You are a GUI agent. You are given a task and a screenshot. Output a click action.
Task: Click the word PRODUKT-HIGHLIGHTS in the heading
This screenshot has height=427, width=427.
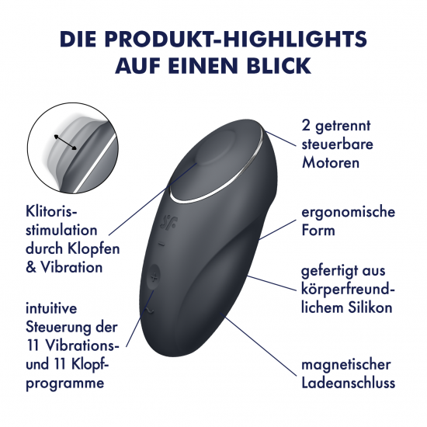[235, 39]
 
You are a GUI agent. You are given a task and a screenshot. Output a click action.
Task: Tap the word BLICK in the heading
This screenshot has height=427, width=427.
[279, 66]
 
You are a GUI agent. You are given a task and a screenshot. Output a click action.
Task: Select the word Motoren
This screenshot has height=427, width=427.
[331, 162]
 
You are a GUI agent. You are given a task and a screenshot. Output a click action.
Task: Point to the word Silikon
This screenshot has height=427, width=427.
[370, 307]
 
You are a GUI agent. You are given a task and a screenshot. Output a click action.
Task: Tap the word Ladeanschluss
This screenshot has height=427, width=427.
[349, 382]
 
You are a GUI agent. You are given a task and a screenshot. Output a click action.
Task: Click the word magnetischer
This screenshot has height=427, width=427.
[345, 365]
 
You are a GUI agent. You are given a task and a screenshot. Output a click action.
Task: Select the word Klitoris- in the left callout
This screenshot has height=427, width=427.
[52, 211]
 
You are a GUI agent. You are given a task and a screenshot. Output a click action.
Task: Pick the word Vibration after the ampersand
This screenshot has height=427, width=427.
[71, 267]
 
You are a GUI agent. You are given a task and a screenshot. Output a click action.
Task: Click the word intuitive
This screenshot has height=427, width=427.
[51, 308]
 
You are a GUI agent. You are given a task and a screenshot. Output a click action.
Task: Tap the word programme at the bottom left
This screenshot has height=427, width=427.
[65, 384]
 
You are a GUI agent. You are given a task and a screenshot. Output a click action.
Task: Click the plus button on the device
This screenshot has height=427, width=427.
[154, 278]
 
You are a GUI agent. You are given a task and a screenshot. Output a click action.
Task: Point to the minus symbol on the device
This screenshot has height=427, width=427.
[161, 245]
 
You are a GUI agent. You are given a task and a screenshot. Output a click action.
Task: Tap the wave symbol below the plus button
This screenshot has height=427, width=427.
[150, 311]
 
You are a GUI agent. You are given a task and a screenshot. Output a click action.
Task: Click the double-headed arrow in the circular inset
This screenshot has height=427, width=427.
[65, 142]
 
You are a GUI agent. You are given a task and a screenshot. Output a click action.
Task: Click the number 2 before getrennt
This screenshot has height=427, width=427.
[306, 126]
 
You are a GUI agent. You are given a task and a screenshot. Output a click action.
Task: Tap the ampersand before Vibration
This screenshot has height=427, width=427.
[31, 267]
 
